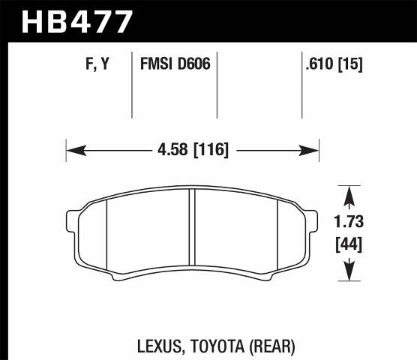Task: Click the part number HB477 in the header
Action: (x=78, y=20)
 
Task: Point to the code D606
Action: (x=193, y=65)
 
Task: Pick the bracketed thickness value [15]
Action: (x=350, y=65)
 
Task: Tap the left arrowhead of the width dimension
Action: (x=73, y=151)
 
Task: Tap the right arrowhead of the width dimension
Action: (x=313, y=151)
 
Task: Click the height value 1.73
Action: (x=347, y=223)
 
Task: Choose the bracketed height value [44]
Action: (x=347, y=244)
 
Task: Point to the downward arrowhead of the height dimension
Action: (x=347, y=274)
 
